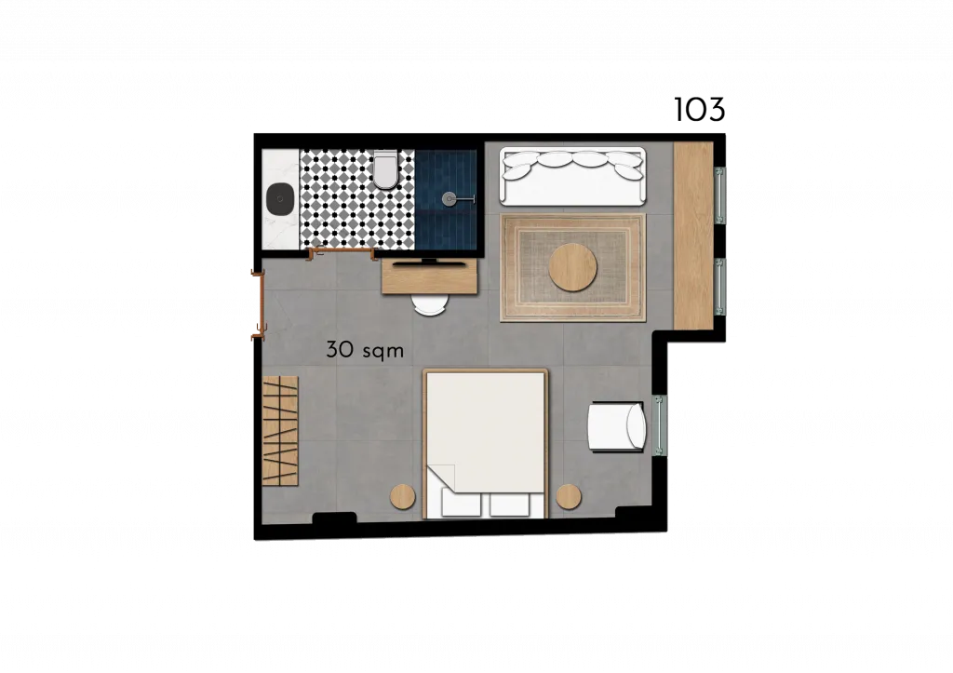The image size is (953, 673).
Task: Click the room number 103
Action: coord(700,110)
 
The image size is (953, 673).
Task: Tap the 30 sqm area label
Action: coord(365,350)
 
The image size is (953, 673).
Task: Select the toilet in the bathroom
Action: coord(385,169)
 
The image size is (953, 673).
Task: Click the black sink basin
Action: coord(280,198)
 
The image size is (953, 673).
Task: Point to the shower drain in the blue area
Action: coord(450,197)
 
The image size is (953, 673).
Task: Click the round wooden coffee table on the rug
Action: coord(572,267)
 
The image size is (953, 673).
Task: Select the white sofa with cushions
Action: coord(572,176)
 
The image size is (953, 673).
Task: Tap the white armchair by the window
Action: coord(616,426)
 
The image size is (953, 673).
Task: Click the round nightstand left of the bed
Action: coord(402,497)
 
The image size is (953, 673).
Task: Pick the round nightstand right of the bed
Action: coord(569,497)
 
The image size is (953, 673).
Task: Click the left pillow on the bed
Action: coord(462,505)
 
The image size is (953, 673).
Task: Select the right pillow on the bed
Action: coord(509,505)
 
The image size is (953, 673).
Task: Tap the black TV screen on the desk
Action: coord(430,263)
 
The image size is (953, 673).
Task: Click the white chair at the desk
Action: coord(430,304)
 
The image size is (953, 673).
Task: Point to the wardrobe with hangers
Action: coord(280,430)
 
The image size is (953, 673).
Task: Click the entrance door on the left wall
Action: coord(258,304)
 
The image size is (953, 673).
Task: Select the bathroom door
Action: coord(342,251)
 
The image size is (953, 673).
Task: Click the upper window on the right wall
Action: coord(720,195)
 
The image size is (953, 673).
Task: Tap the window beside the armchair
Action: coord(660,425)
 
